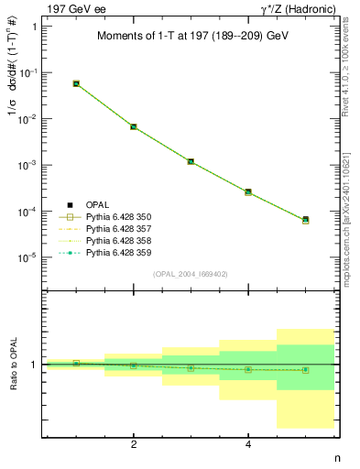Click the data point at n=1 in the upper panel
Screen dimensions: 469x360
[x=76, y=83]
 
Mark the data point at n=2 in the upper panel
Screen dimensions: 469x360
[x=134, y=126]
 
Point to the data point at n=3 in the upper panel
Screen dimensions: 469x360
[x=191, y=161]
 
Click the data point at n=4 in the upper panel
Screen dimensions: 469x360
[x=248, y=192]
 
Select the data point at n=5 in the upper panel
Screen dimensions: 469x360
[x=305, y=220]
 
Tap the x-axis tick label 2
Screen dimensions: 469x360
[x=134, y=444]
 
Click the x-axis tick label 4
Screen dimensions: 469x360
[x=248, y=444]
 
